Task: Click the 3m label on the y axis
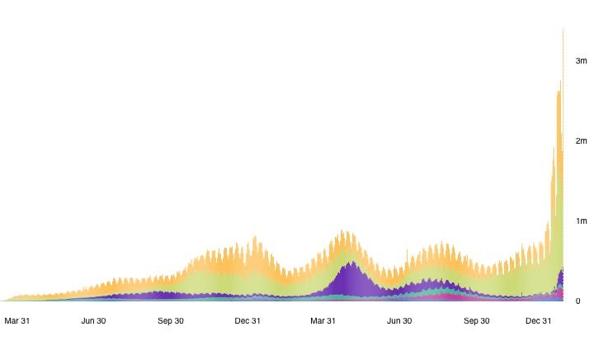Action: (x=581, y=61)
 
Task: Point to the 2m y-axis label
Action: (x=581, y=141)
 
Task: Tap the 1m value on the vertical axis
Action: (x=581, y=221)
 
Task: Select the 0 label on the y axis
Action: (x=577, y=301)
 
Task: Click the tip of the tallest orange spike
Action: (x=563, y=30)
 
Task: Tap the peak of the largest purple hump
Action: (x=351, y=263)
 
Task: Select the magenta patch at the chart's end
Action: (x=559, y=292)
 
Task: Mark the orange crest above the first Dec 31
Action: (x=255, y=239)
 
